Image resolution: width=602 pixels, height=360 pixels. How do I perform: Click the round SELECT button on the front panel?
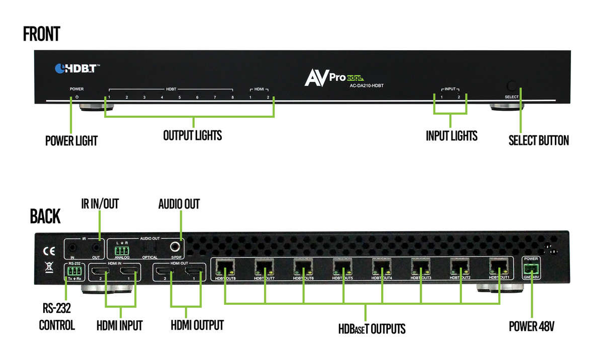pos(512,85)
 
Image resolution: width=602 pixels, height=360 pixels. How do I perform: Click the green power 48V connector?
pos(530,268)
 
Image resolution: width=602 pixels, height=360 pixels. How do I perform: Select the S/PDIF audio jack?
pos(176,246)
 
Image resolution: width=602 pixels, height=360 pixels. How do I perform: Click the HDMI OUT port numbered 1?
pos(194,273)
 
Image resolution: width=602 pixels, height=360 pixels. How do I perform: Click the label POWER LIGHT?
pos(71,141)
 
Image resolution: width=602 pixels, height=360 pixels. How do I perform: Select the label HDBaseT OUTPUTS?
pos(371,329)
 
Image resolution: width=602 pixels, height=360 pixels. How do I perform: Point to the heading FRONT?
pos(41,34)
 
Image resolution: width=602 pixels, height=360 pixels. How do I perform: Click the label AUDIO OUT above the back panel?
pos(179,204)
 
